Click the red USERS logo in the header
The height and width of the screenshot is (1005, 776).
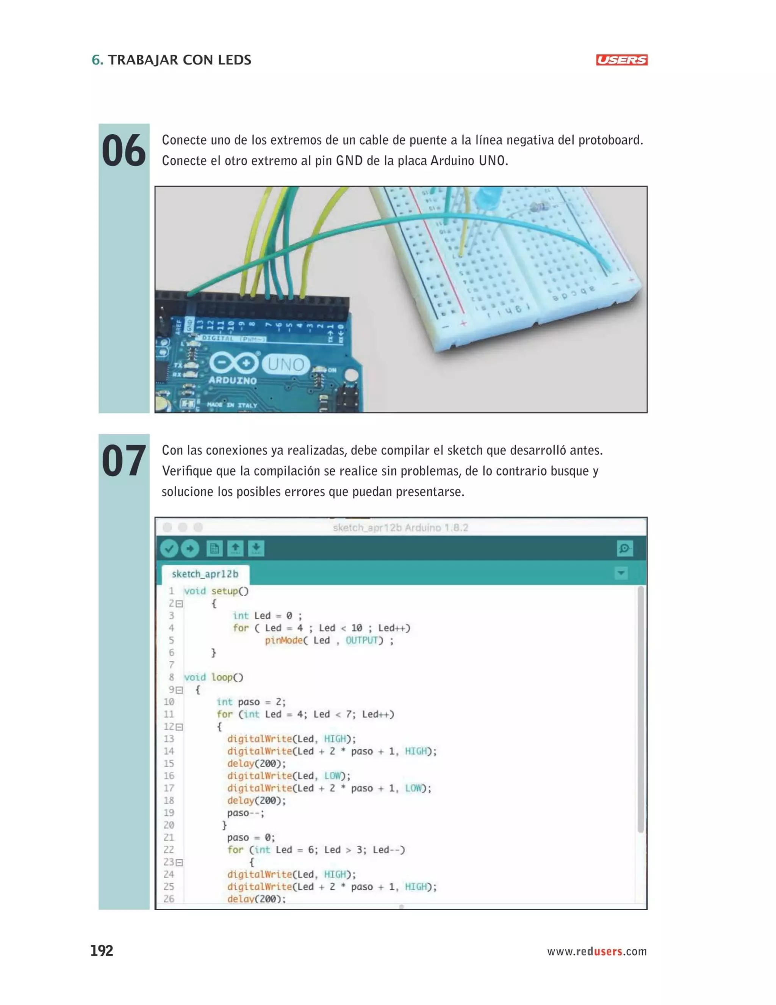[621, 60]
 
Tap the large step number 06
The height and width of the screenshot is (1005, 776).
[123, 151]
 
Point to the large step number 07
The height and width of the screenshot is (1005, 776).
[123, 461]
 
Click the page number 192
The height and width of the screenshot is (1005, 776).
[102, 951]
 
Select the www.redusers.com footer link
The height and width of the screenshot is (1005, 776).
[596, 951]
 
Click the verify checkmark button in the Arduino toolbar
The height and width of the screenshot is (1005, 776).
[169, 548]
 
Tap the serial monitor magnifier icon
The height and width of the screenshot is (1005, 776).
[624, 548]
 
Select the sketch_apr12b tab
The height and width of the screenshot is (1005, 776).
[205, 574]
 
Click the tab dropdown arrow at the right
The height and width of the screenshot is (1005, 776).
[621, 573]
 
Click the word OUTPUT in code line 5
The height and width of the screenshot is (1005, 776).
[361, 640]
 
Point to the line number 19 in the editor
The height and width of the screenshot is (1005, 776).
[169, 813]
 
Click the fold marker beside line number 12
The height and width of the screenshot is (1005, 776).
[179, 727]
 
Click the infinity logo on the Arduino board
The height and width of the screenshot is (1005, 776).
[234, 363]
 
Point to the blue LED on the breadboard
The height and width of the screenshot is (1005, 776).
[487, 198]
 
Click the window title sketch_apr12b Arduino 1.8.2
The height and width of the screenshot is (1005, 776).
[401, 528]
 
